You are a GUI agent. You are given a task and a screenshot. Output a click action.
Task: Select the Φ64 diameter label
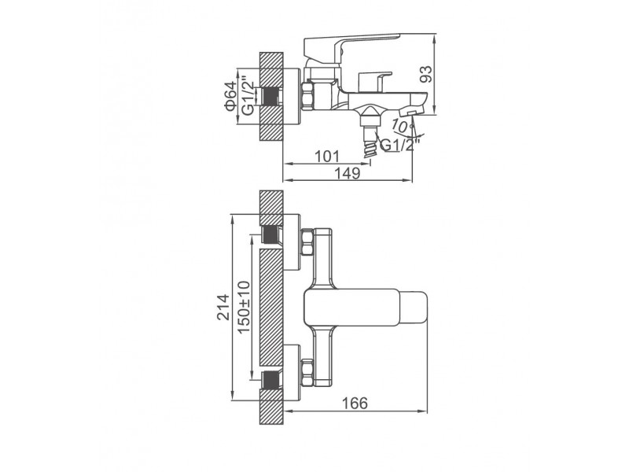(231, 96)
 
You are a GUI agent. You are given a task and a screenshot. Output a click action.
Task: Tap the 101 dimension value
(326, 157)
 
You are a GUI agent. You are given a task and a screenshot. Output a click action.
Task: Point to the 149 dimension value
(348, 173)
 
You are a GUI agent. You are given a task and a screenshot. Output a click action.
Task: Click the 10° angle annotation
(403, 126)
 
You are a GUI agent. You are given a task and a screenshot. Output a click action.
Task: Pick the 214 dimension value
(223, 307)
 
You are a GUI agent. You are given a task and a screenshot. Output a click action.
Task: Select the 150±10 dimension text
(244, 307)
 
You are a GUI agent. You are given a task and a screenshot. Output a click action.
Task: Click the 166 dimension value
(355, 403)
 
